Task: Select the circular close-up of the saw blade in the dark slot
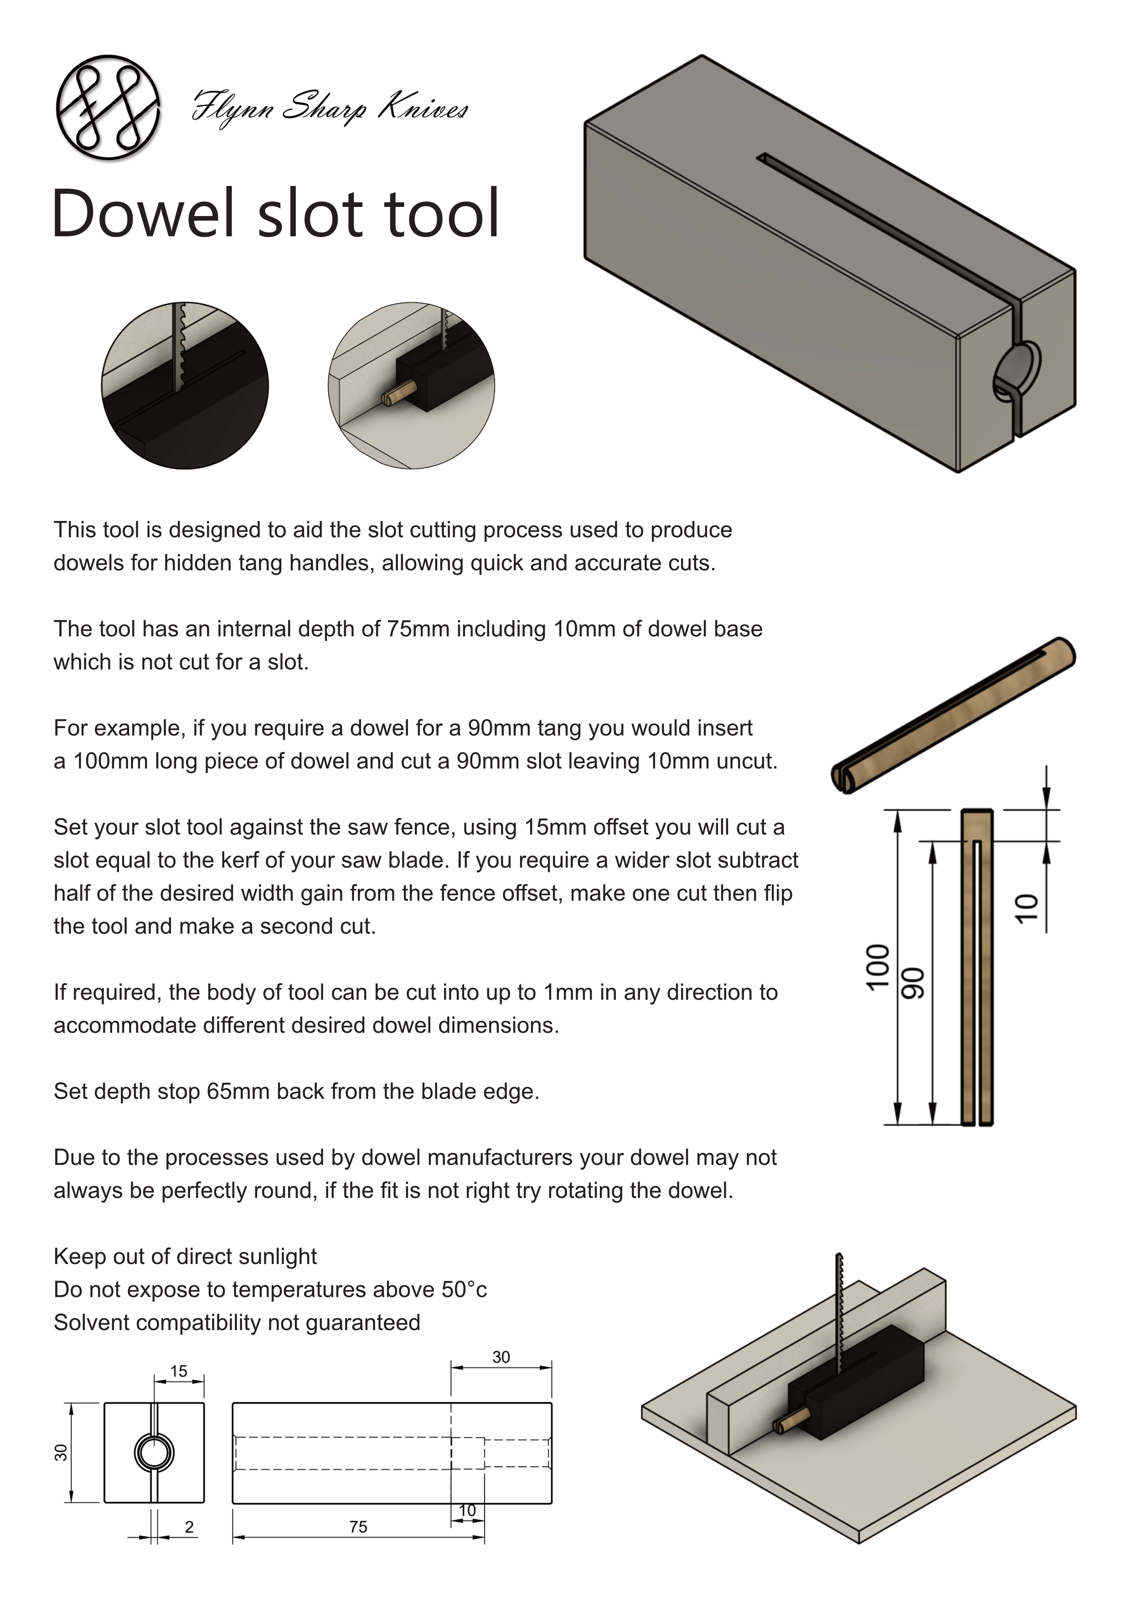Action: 185,385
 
